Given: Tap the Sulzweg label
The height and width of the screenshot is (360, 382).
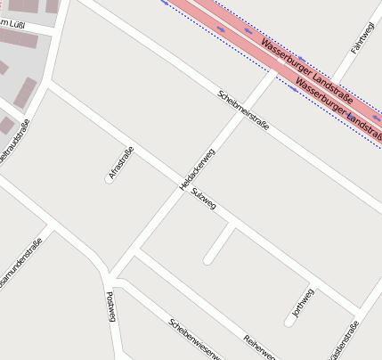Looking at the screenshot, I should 204,206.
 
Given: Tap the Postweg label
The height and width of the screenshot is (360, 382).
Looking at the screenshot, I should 112,307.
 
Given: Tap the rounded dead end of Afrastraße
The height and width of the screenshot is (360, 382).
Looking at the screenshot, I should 108,181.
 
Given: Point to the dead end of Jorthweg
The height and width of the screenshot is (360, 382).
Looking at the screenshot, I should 292,319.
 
